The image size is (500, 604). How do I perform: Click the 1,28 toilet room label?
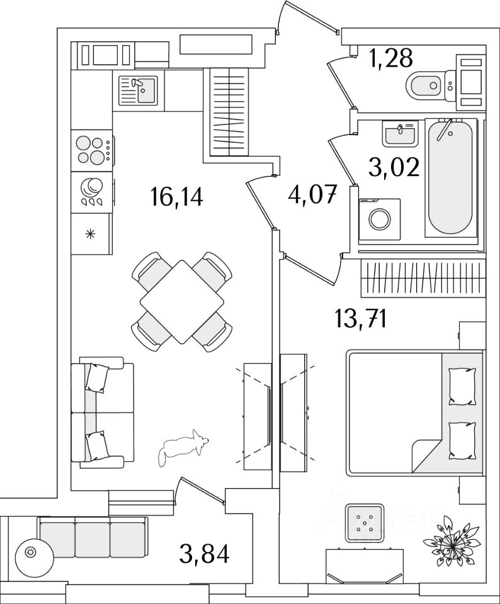pyautogui.click(x=390, y=59)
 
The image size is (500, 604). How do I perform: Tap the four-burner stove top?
pyautogui.click(x=91, y=150)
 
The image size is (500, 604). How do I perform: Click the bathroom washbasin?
pyautogui.click(x=399, y=133)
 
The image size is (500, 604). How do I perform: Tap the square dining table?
pyautogui.click(x=181, y=301)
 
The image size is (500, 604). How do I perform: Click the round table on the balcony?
pyautogui.click(x=30, y=552)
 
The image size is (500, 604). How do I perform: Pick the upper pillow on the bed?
pyautogui.click(x=461, y=384)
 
